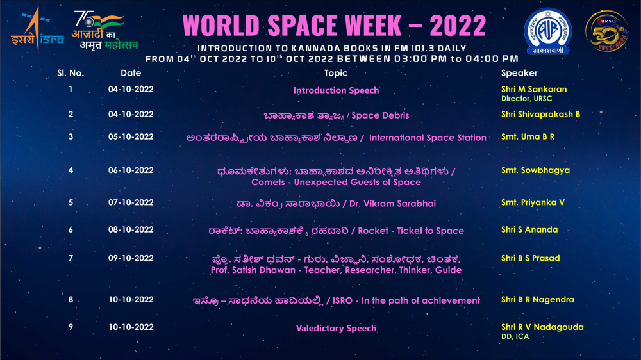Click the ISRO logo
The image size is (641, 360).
[37, 31]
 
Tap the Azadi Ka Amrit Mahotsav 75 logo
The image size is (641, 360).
[105, 31]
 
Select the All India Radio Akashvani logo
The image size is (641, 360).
[548, 31]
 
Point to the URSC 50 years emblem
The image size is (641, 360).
[606, 31]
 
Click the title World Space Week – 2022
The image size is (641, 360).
[334, 26]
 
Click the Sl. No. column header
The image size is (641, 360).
[71, 73]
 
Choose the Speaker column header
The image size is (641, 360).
[519, 73]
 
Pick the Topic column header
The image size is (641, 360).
[336, 73]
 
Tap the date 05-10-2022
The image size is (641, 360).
[131, 137]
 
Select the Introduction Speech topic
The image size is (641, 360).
[336, 90]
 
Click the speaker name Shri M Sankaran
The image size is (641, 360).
[534, 89]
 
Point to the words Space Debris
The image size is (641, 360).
[380, 116]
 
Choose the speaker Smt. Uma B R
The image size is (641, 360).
[528, 137]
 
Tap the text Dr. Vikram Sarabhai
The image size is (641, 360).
[392, 204]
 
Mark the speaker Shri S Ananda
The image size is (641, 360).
[529, 230]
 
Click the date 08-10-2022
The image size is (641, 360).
[131, 230]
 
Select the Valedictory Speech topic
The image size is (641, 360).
[336, 328]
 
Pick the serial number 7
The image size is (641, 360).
[71, 258]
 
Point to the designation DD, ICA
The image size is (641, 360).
[515, 336]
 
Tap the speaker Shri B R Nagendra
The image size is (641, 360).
[538, 300]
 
